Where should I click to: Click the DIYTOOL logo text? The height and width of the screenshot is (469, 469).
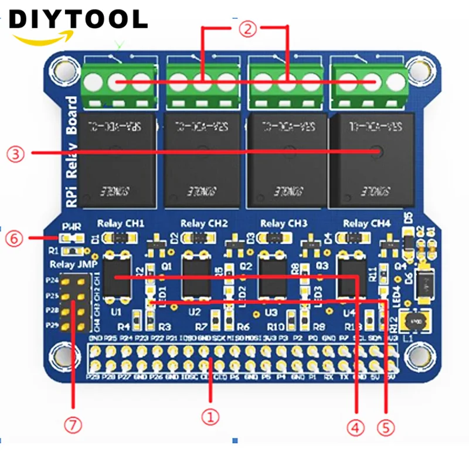(77, 20)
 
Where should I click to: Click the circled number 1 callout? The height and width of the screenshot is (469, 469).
(210, 417)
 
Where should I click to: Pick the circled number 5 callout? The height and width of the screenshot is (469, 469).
(385, 428)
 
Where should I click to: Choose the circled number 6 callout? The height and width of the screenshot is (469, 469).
(15, 239)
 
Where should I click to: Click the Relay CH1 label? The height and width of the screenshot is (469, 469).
(121, 223)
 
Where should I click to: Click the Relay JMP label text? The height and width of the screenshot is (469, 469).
(70, 264)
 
